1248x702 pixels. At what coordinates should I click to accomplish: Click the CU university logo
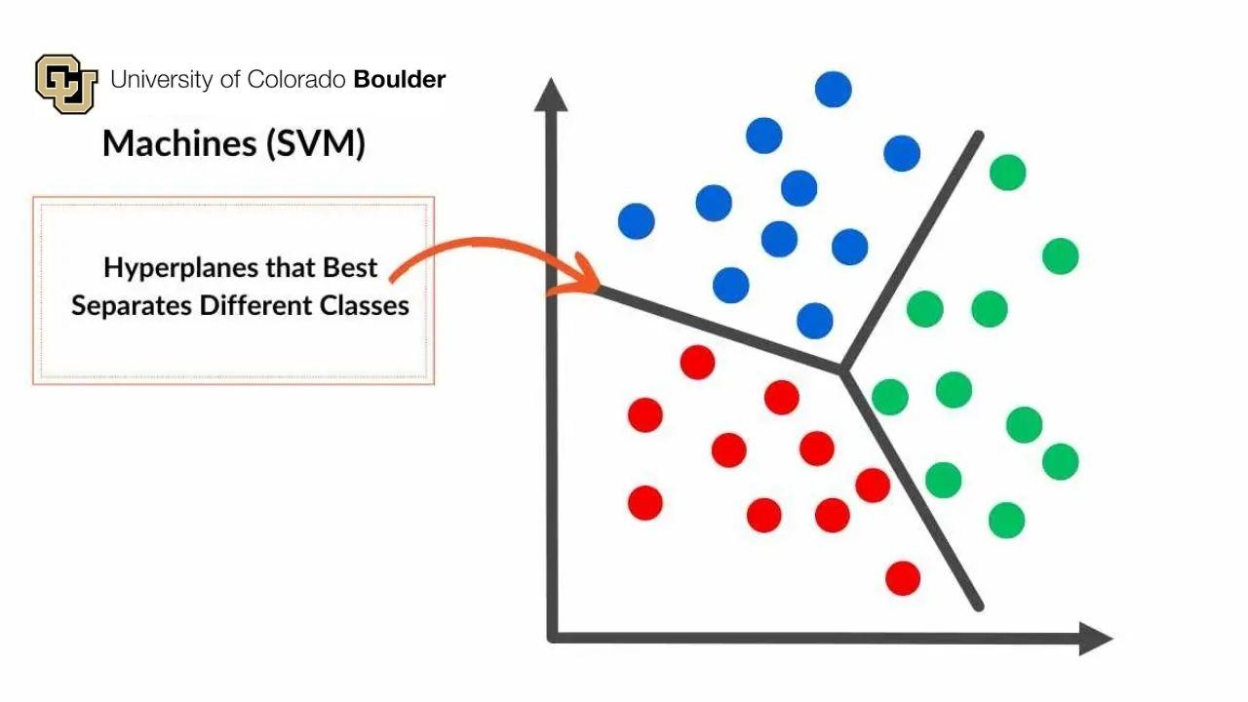(66, 84)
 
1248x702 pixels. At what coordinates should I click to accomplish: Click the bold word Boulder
(400, 80)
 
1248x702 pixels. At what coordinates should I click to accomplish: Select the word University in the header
(162, 80)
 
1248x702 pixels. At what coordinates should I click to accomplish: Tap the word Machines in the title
(179, 143)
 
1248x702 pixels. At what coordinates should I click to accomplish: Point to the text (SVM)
(315, 143)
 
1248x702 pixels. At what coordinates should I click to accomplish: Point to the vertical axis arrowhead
(551, 95)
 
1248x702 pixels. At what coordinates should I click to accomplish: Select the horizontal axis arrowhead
(1096, 639)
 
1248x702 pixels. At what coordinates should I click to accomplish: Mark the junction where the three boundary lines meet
(842, 370)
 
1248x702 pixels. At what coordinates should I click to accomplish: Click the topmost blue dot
(833, 89)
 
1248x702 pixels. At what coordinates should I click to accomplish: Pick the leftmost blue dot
(637, 221)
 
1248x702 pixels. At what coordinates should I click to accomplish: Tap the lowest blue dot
(815, 321)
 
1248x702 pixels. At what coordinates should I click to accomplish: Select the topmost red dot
(697, 362)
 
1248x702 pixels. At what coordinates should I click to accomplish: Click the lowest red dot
(903, 578)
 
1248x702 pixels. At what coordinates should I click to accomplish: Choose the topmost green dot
(1008, 173)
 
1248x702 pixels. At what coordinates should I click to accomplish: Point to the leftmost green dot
(890, 397)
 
